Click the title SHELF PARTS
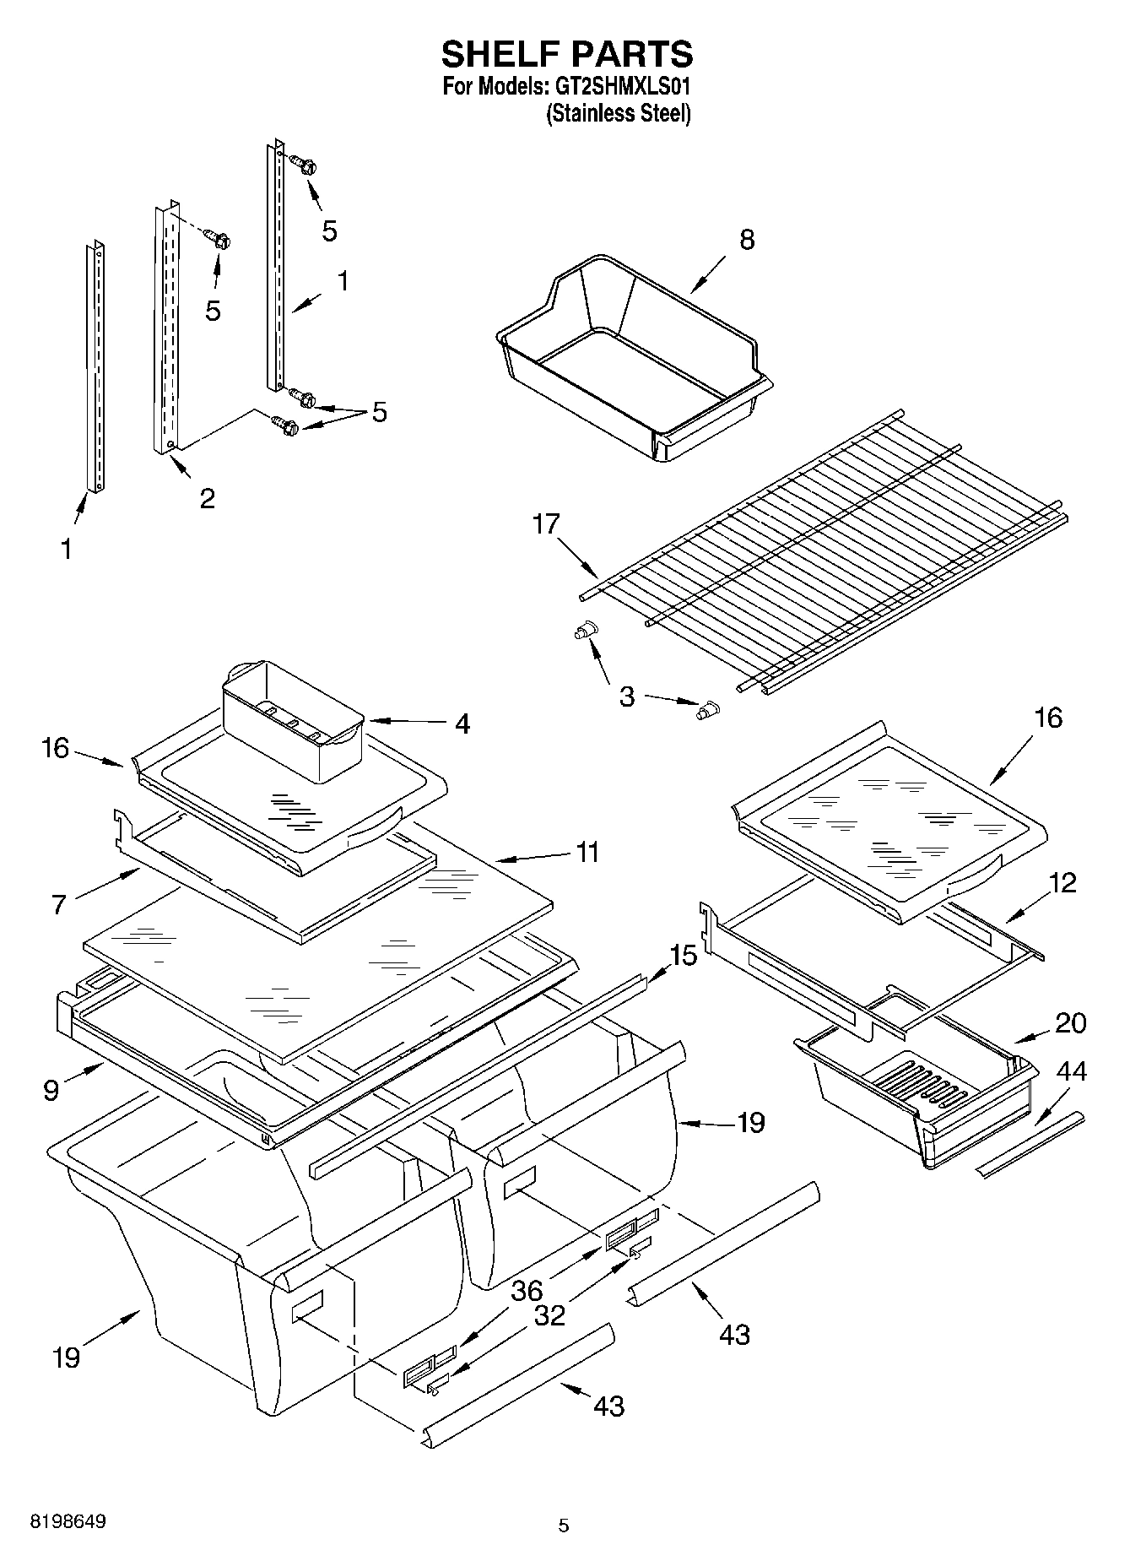click(567, 54)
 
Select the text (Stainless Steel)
click(619, 113)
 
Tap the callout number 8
click(747, 240)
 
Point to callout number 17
click(546, 524)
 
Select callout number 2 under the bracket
click(207, 498)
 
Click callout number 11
click(587, 852)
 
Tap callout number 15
click(684, 956)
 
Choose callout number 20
click(1071, 1023)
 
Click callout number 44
click(1072, 1072)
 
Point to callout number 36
click(527, 1291)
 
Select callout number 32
click(549, 1315)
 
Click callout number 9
click(51, 1091)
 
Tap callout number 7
click(58, 905)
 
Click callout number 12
click(1063, 883)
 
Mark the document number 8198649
click(68, 1522)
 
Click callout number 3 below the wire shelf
click(627, 696)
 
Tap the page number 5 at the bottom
click(564, 1526)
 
